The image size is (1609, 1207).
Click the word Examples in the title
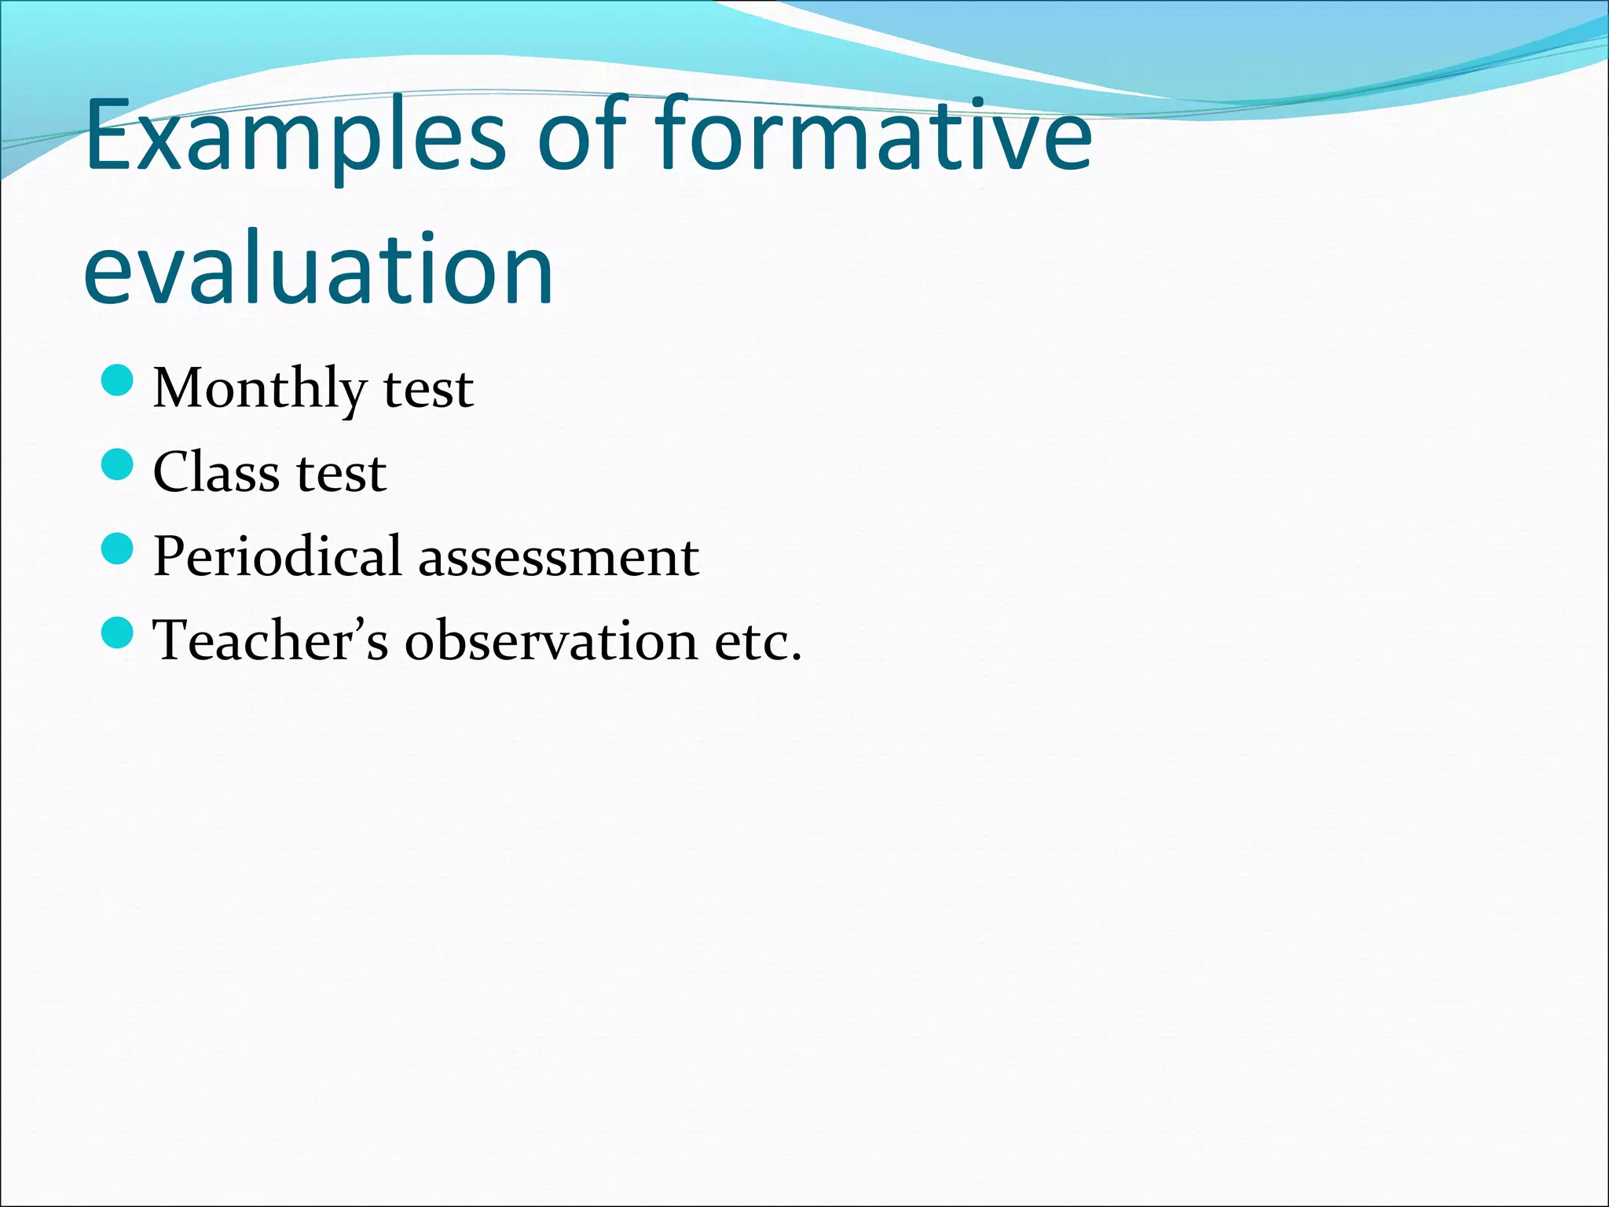[295, 135]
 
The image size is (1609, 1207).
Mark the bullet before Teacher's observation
[118, 633]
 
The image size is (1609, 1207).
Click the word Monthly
[259, 389]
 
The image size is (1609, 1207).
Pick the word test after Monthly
[428, 389]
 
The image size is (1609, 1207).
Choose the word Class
[216, 473]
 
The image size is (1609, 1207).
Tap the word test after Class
[341, 473]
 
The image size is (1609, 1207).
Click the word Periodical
[277, 556]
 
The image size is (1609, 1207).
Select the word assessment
[558, 556]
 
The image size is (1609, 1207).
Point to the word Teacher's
[269, 640]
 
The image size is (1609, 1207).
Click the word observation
[550, 640]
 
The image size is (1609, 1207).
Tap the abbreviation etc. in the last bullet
[757, 641]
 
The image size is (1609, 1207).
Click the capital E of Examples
[110, 135]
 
